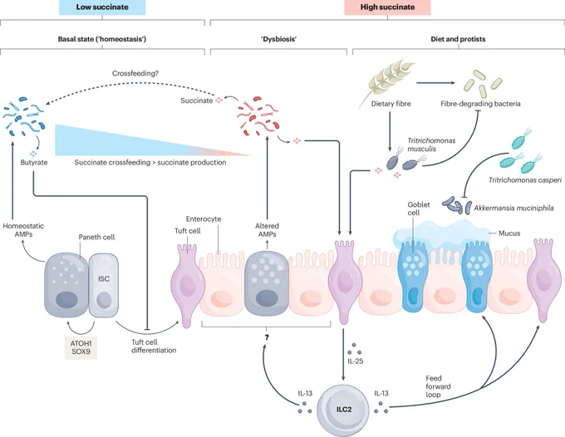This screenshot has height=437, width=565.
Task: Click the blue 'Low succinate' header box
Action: [102, 7]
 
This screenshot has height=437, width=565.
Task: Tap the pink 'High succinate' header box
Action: [387, 7]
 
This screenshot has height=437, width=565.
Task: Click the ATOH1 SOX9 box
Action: [81, 347]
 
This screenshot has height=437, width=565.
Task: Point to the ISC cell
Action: [104, 285]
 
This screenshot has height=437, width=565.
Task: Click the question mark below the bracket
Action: [267, 337]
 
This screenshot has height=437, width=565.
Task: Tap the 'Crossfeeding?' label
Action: [135, 73]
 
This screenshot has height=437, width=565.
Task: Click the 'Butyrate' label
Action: [34, 163]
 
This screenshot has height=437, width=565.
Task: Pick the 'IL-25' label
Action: [356, 361]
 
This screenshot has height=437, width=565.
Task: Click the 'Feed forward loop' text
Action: [438, 386]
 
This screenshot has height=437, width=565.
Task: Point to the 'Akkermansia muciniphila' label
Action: [513, 208]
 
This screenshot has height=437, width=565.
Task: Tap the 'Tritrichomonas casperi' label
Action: [524, 179]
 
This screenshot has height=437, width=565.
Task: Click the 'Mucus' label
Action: [509, 233]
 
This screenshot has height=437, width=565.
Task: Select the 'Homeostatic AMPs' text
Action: [23, 230]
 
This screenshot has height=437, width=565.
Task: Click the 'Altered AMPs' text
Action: [267, 230]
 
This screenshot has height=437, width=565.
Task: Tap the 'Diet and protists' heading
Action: [458, 39]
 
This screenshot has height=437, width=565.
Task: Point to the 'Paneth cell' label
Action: [96, 237]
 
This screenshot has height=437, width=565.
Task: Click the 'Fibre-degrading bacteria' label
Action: [480, 104]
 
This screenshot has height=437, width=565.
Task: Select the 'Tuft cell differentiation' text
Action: [154, 346]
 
